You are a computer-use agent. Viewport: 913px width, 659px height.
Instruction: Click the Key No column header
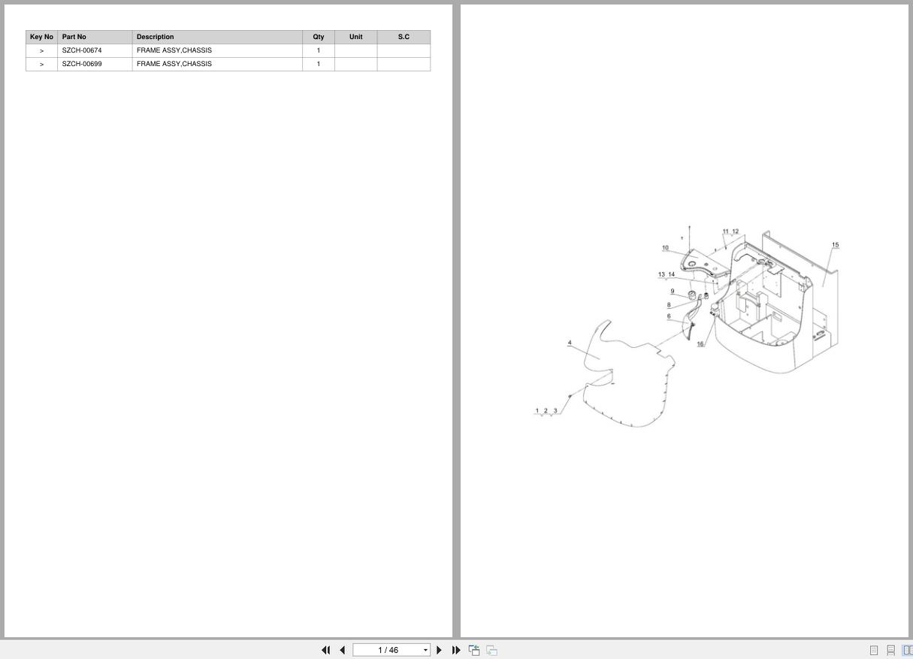(41, 37)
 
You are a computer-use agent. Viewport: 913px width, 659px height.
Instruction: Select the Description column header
(155, 37)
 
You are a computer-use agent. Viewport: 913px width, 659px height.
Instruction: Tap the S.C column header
(404, 37)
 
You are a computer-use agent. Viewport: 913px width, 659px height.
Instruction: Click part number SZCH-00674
(82, 50)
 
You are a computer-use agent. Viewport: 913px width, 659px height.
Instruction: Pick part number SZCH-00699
(82, 64)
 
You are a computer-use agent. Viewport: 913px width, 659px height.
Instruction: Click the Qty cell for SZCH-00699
(319, 64)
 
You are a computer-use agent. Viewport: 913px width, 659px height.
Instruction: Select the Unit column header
(356, 37)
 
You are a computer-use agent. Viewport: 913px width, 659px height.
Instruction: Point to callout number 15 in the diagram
(835, 244)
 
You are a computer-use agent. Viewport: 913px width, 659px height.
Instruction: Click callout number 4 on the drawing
(570, 343)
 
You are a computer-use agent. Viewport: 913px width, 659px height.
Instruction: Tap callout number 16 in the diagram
(700, 343)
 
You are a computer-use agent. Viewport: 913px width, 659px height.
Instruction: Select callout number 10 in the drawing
(665, 247)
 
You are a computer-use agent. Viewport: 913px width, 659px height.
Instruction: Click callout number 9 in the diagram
(672, 291)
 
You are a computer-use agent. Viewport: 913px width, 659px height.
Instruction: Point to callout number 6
(669, 316)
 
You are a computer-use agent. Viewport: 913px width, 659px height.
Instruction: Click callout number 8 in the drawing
(669, 304)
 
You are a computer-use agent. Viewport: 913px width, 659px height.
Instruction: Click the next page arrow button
(439, 650)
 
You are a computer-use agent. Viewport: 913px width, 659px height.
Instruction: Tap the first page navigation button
(325, 650)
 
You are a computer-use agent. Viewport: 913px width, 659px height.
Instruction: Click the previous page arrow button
(343, 650)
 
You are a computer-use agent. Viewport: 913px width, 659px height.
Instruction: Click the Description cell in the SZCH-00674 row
(174, 50)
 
